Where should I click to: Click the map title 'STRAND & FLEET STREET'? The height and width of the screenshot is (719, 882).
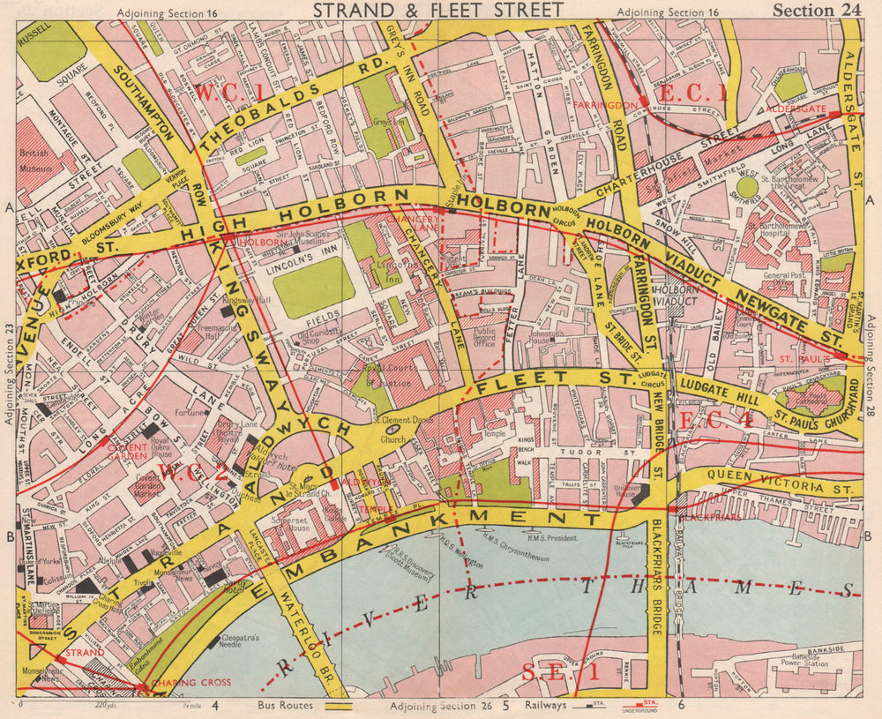click(x=438, y=10)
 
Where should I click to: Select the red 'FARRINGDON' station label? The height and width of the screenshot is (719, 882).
click(x=602, y=105)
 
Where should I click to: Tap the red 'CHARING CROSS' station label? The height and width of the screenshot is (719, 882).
click(x=191, y=682)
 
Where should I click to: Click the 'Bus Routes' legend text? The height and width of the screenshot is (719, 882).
click(x=285, y=706)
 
